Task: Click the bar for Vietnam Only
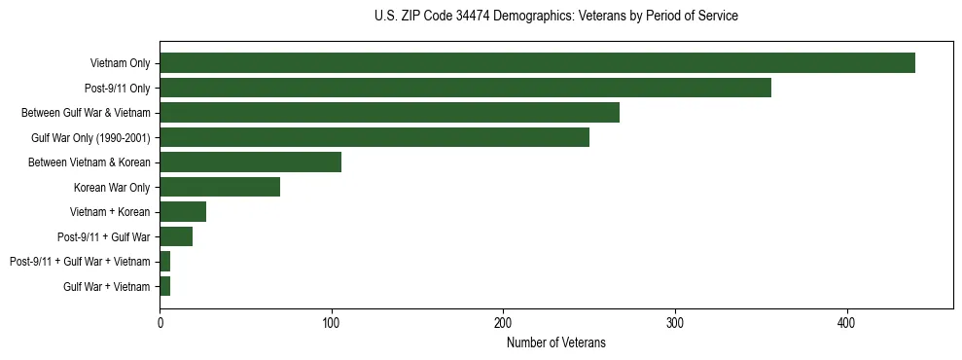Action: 537,63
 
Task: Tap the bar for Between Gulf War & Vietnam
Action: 389,113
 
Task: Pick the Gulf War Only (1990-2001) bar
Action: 374,137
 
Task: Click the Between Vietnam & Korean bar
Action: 250,162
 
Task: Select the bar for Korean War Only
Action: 220,187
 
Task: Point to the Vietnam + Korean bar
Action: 183,212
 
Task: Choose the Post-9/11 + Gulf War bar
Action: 176,236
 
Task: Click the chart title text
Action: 555,17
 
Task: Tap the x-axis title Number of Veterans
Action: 555,342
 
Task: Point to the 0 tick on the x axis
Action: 160,323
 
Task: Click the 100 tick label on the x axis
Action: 332,323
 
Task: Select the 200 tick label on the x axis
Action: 503,323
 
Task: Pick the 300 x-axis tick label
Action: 675,323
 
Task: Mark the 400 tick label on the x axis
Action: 846,323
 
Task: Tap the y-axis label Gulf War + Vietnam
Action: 107,287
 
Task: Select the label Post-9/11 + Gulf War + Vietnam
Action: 80,262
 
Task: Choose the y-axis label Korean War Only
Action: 112,188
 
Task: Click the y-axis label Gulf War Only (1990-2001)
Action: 90,138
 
